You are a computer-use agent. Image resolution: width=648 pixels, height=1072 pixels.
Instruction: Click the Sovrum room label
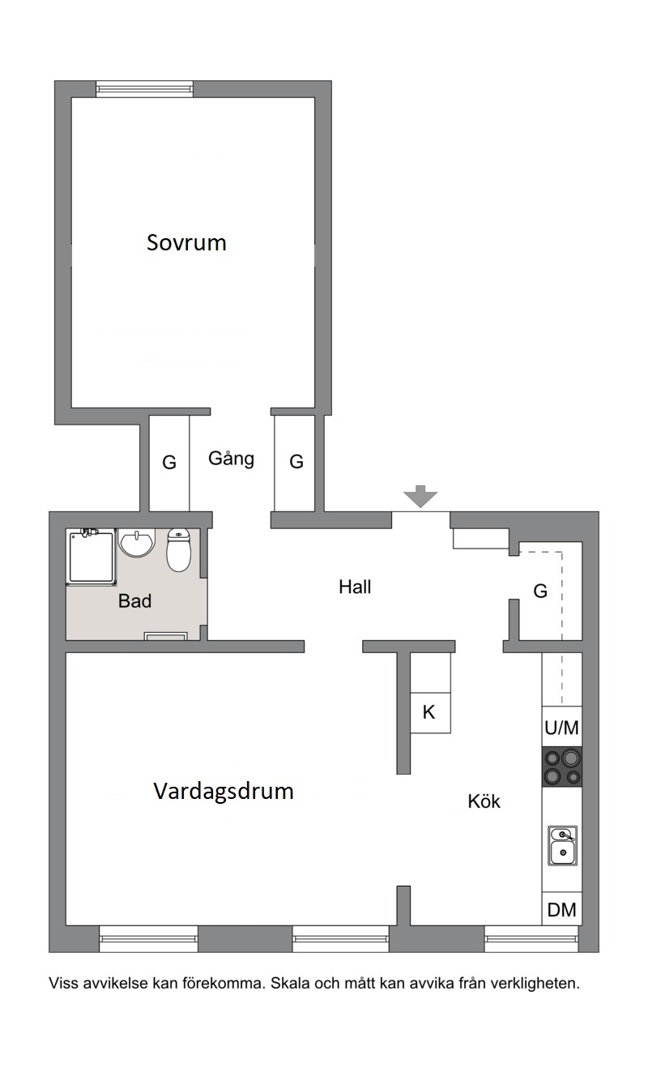point(186,242)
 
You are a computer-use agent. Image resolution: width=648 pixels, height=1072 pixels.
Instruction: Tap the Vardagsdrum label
point(223,791)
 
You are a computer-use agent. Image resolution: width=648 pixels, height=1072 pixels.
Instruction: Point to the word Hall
point(355,587)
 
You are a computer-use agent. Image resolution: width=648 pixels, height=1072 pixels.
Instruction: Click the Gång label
point(231,459)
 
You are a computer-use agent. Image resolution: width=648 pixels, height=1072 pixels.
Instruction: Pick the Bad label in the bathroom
point(135,600)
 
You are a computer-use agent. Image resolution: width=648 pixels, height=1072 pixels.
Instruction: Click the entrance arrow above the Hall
point(420,496)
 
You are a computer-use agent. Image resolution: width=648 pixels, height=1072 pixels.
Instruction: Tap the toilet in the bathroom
point(178,550)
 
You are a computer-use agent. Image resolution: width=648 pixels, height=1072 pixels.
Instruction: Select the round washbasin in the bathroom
point(137,543)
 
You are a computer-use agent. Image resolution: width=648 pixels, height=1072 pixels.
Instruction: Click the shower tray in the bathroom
point(92,557)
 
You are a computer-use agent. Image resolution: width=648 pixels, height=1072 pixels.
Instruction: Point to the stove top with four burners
point(562,767)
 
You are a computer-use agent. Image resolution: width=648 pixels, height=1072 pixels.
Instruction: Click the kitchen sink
point(562,846)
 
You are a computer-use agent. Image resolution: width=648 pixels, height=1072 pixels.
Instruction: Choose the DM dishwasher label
point(562,910)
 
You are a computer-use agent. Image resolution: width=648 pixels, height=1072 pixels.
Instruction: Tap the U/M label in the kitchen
point(562,728)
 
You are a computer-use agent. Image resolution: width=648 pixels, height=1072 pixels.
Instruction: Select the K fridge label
point(428,712)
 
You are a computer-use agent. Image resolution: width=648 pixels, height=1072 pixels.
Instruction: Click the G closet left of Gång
point(169,463)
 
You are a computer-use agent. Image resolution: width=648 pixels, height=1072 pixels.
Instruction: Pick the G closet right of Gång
point(296,462)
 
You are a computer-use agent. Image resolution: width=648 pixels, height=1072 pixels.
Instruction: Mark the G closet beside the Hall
point(540,592)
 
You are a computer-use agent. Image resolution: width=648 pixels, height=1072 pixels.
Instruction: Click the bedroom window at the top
point(144,89)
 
